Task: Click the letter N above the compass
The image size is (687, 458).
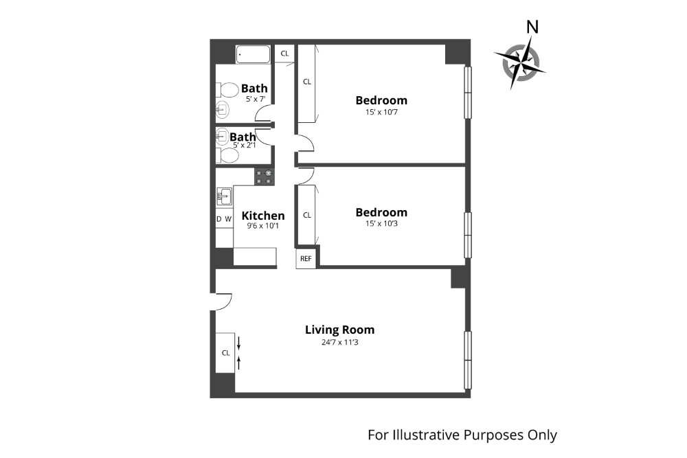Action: pyautogui.click(x=531, y=27)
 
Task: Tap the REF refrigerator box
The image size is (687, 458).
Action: pyautogui.click(x=306, y=259)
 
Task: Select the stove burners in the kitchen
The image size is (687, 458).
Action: pyautogui.click(x=264, y=177)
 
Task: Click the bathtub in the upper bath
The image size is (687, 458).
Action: pyautogui.click(x=254, y=54)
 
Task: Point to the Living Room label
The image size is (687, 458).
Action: pyautogui.click(x=339, y=330)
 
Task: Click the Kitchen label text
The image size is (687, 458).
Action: pyautogui.click(x=263, y=216)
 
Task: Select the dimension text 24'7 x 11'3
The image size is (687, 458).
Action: pyautogui.click(x=339, y=342)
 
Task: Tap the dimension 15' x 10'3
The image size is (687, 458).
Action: pyautogui.click(x=381, y=225)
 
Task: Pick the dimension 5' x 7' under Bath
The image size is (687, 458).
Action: pyautogui.click(x=254, y=100)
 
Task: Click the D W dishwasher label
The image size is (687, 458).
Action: pyautogui.click(x=224, y=219)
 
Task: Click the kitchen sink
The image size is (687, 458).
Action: pyautogui.click(x=224, y=197)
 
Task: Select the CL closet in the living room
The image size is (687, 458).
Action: pyautogui.click(x=225, y=353)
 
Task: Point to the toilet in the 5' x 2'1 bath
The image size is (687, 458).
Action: pyautogui.click(x=227, y=156)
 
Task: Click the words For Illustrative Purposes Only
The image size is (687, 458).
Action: pyautogui.click(x=462, y=435)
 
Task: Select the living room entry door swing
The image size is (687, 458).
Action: pyautogui.click(x=222, y=301)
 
